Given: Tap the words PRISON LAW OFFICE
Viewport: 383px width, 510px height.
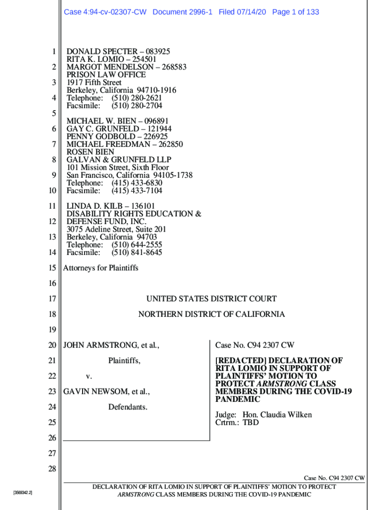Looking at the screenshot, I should point(106,75).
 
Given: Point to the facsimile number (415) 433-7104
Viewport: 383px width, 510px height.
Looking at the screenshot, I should point(137,191).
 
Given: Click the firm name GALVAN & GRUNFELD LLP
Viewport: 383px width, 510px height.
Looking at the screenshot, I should point(119,160).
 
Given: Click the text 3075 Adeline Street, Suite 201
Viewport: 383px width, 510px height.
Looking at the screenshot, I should point(116,230).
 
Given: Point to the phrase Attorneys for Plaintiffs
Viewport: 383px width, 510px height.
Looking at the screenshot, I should point(100,268).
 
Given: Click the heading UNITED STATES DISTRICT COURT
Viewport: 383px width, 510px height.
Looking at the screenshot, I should point(211,299).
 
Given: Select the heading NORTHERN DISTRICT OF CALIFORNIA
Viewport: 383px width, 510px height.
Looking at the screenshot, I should point(211,314).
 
